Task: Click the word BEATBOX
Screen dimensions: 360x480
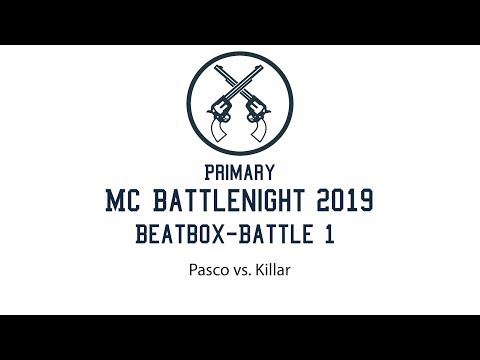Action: pos(173,237)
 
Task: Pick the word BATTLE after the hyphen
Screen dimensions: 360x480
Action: pos(277,237)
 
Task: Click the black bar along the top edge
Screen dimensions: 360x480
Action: pos(240,21)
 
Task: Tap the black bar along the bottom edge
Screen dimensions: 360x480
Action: pos(240,337)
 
